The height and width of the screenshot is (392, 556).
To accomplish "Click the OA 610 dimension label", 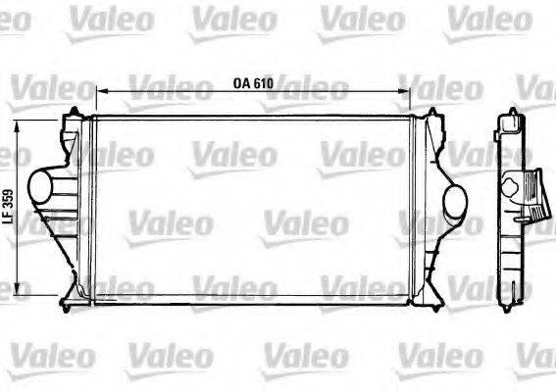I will tap(253, 84).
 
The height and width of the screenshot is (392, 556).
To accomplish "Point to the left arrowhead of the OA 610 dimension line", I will tap(100, 93).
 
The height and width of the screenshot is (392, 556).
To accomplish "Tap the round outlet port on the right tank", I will tap(456, 202).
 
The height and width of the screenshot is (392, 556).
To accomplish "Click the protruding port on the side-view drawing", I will tap(530, 195).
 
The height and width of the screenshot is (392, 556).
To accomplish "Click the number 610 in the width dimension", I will tap(263, 84).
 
